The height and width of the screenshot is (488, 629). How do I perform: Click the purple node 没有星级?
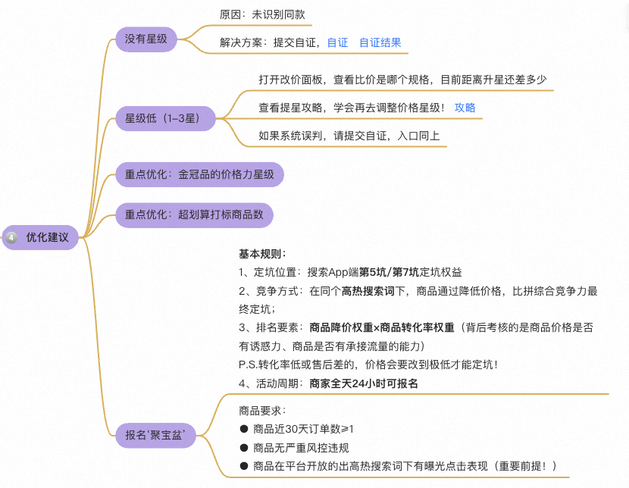(x=146, y=38)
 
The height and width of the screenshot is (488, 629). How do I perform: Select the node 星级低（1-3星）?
(x=162, y=118)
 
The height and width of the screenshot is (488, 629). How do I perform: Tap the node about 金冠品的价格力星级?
(x=200, y=175)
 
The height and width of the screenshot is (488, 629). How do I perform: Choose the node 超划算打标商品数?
(x=194, y=214)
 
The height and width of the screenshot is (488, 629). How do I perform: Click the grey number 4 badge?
(x=11, y=238)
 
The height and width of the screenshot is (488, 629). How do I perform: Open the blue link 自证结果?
(x=380, y=42)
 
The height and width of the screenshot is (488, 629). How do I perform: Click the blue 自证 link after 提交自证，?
(x=337, y=42)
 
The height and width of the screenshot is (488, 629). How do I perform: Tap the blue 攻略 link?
(x=465, y=108)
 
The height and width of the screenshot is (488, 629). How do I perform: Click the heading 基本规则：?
(x=262, y=254)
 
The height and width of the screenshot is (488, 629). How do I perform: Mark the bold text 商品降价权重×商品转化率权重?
(x=381, y=328)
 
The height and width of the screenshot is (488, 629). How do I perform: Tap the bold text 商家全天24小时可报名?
(x=364, y=383)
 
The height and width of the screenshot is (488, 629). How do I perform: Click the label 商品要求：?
(x=262, y=411)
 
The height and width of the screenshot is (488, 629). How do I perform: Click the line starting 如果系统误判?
(x=349, y=136)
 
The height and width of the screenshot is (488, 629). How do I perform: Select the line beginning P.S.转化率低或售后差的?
(x=368, y=364)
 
